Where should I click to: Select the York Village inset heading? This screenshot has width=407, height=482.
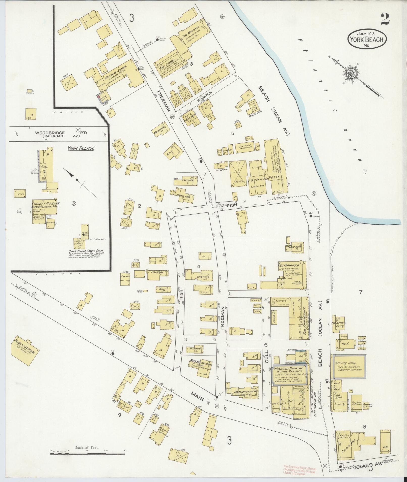pyautogui.click(x=81, y=148)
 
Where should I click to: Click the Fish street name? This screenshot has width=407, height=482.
pyautogui.click(x=232, y=205)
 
